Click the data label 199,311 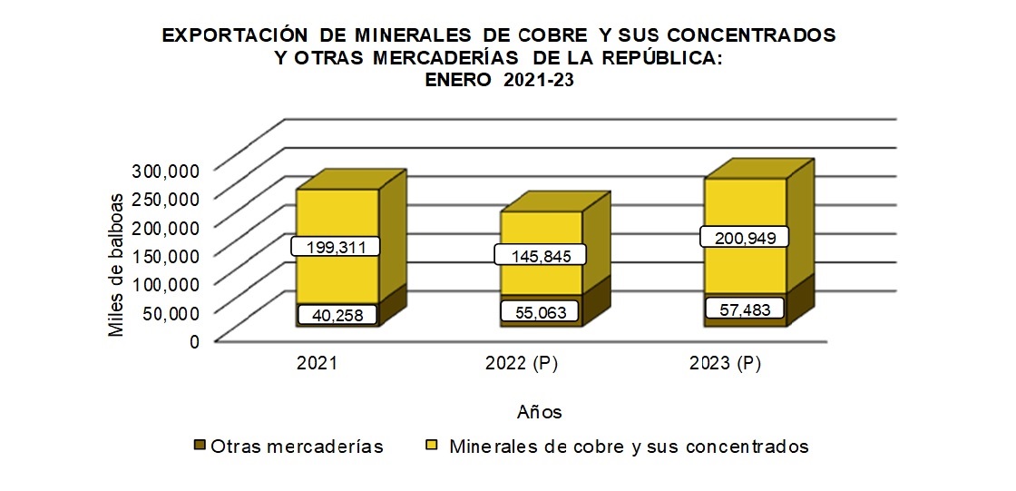tap(335, 246)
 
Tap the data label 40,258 tap(335, 314)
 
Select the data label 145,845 tap(539, 254)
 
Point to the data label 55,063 tap(539, 312)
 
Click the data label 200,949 tap(744, 238)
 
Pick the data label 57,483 tap(744, 309)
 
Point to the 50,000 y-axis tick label tap(171, 312)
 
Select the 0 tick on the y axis tap(192, 341)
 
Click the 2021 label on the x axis tap(317, 364)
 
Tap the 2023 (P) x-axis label tap(724, 364)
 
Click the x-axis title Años tap(540, 412)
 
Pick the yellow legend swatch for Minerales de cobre tap(433, 446)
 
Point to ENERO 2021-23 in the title tap(499, 79)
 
